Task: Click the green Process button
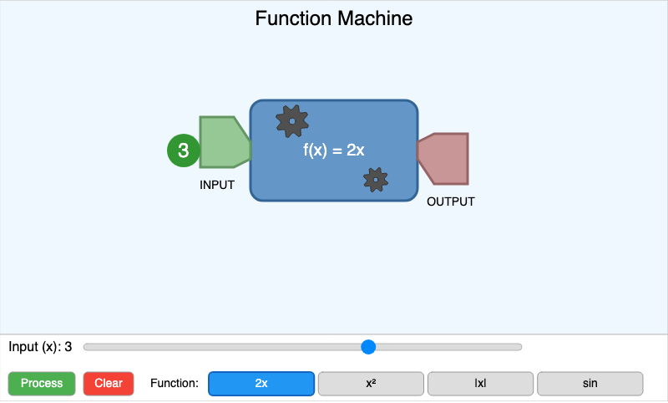tap(42, 384)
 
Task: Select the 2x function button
tap(261, 384)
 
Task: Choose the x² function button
tap(371, 384)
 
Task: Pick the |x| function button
tap(480, 384)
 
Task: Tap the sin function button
tap(590, 384)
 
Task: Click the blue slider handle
tap(368, 347)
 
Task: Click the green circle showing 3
tap(184, 151)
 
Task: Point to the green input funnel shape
tap(222, 142)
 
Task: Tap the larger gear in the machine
tap(291, 121)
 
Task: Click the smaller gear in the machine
tap(376, 179)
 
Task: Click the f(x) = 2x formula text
tap(334, 150)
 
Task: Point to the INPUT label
tap(217, 185)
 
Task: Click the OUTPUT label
tap(451, 201)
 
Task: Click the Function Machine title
tap(334, 18)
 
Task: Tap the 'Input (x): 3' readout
tap(40, 347)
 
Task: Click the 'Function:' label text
tap(175, 384)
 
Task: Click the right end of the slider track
tap(519, 347)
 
